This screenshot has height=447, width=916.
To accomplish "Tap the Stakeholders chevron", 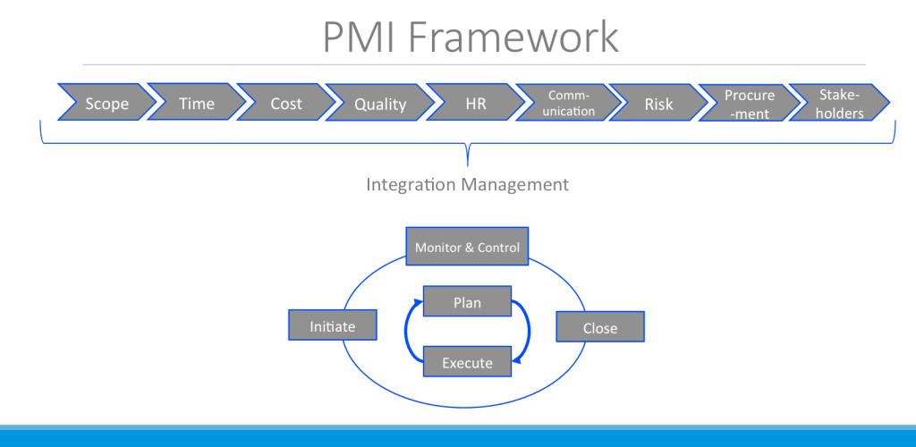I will coord(841,104).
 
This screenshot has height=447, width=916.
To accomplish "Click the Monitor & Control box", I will coord(467,248).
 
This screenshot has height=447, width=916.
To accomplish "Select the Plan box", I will coord(467,302).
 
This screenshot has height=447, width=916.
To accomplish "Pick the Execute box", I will coord(467,362).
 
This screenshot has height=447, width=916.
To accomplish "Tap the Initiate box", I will coord(333,325).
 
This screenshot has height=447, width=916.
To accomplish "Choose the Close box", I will coord(600,327).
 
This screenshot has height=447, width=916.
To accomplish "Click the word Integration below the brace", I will coord(411,185).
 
